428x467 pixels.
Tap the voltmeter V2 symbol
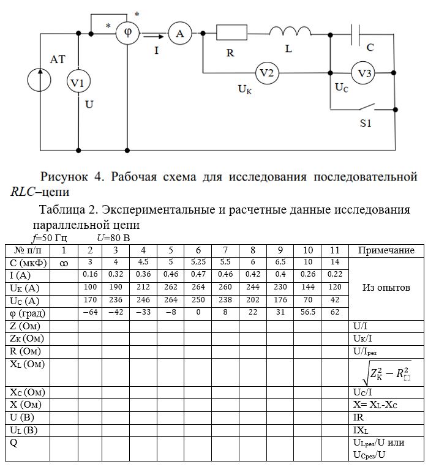[x=267, y=73]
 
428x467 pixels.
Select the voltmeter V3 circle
[x=362, y=73]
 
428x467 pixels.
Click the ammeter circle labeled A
[x=180, y=33]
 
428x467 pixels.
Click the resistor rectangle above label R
[x=231, y=32]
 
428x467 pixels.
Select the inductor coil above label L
[x=290, y=31]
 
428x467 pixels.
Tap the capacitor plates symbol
[x=355, y=34]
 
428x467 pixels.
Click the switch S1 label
[x=366, y=123]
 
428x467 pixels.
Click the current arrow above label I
[x=154, y=37]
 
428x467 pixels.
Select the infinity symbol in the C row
[x=64, y=263]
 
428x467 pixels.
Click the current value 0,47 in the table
[x=198, y=274]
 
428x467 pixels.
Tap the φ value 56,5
[x=307, y=312]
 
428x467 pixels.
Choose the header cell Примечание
[x=386, y=250]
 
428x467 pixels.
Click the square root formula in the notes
[x=386, y=373]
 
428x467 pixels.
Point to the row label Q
[x=13, y=443]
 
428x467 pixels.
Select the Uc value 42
[x=335, y=300]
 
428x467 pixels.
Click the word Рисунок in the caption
[x=64, y=177]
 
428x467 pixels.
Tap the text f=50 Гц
[x=50, y=238]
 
